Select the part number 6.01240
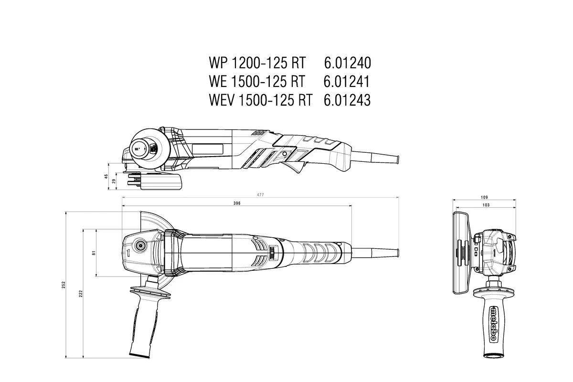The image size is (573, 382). click(347, 63)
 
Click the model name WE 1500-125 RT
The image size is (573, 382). click(256, 82)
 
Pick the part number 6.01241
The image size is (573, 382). click(347, 82)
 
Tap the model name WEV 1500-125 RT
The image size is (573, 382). click(260, 100)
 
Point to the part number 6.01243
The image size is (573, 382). click(347, 100)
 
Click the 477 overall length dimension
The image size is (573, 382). click(261, 195)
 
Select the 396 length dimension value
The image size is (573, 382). click(237, 203)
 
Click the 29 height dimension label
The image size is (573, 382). click(113, 181)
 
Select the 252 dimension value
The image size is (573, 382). click(64, 285)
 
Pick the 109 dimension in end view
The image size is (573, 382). click(484, 197)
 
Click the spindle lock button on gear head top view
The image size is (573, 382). click(141, 245)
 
